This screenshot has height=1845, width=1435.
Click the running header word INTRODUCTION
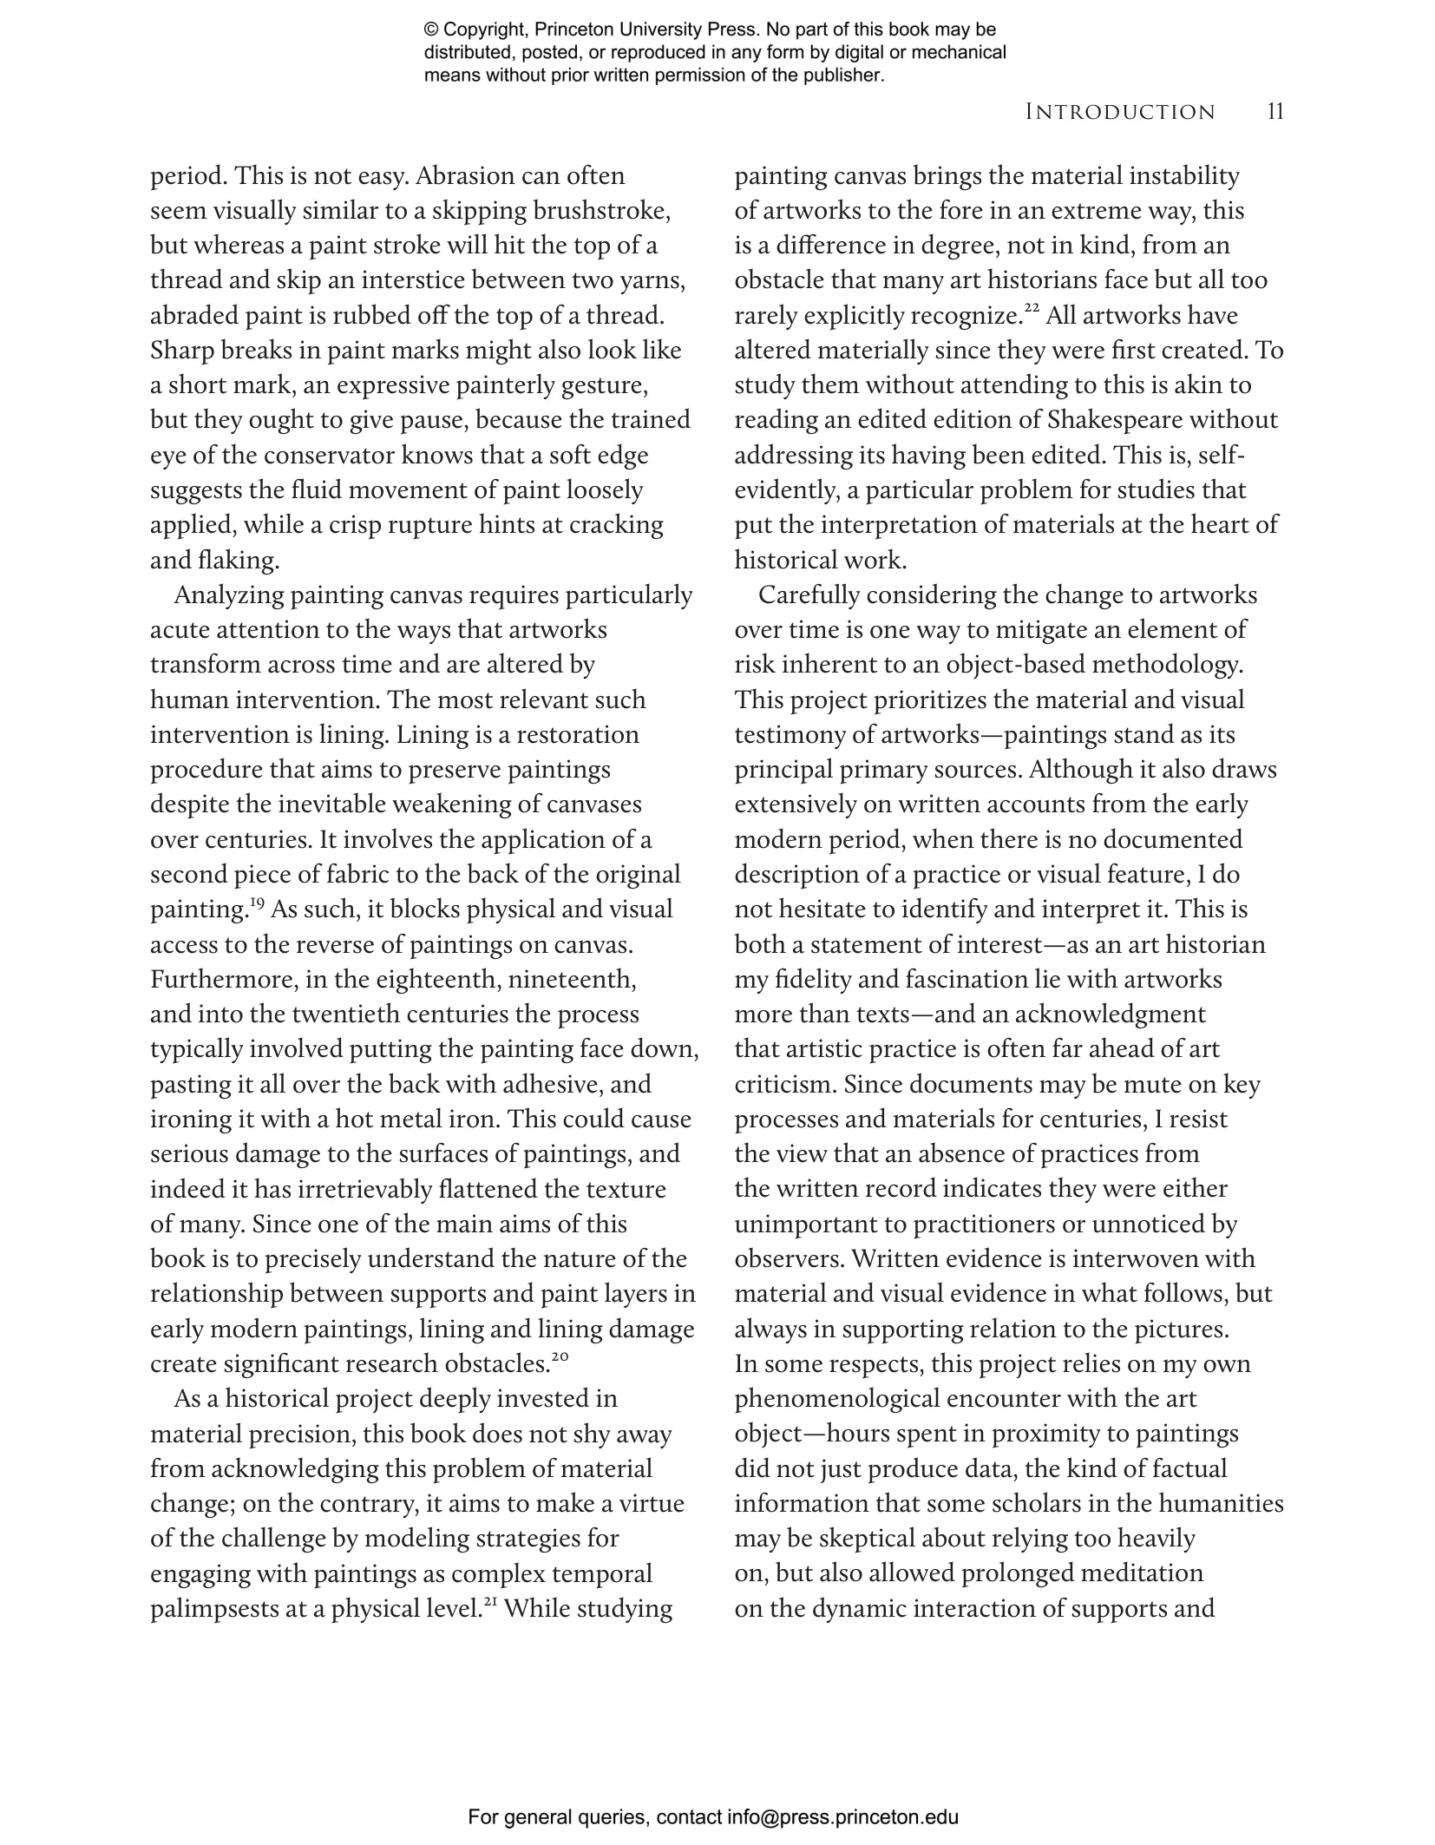1119,112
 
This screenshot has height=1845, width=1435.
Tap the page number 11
1274,111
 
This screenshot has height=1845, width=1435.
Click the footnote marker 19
257,903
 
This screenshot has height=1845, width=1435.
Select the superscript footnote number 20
560,1356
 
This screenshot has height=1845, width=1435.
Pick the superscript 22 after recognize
1032,308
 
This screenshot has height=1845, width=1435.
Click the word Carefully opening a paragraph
809,595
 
